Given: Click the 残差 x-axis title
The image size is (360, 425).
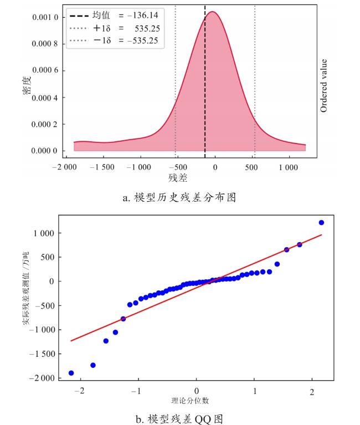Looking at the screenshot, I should click(178, 178).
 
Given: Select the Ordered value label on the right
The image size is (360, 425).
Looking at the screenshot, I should click(324, 86).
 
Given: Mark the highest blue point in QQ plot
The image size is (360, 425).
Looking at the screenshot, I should click(321, 223).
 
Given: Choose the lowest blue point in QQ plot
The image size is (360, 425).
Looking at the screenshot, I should click(71, 373).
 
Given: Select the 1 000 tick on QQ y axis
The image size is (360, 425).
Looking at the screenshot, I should click(44, 233).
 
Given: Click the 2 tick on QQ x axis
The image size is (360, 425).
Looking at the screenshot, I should click(313, 391).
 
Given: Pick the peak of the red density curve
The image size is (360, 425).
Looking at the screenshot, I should click(212, 12).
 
